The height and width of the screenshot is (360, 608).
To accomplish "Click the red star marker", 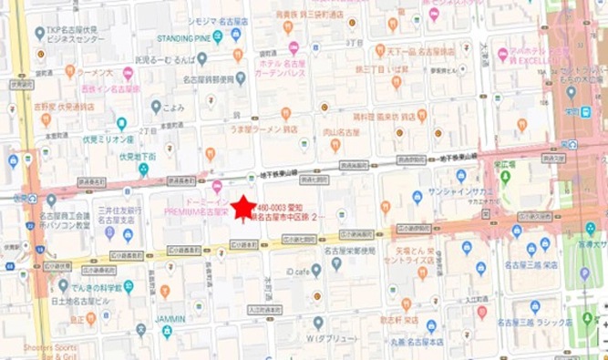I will click(242, 209).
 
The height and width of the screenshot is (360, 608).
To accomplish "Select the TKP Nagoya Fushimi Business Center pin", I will click(39, 33).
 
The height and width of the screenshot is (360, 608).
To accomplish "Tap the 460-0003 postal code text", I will click(276, 208).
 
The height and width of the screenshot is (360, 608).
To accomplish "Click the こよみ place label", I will click(174, 107).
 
